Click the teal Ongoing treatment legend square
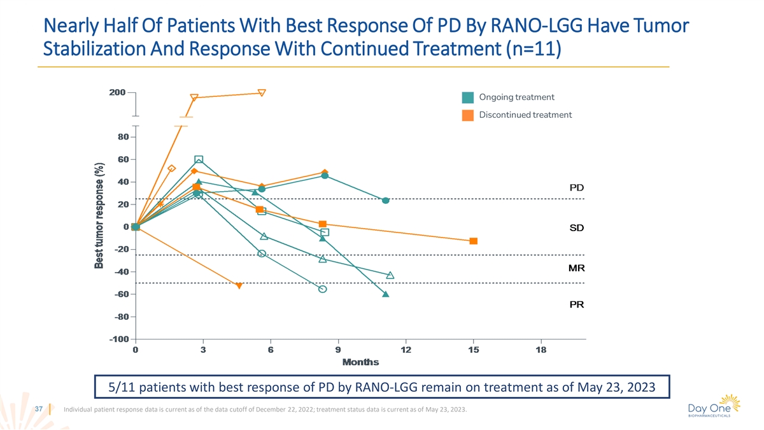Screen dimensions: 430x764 [x=468, y=97]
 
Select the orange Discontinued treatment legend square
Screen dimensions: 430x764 [x=468, y=115]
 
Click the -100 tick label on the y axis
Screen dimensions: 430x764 [x=119, y=340]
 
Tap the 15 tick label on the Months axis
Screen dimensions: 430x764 [x=473, y=350]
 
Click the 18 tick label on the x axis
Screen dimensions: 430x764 [x=541, y=350]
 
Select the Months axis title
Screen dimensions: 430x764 [x=360, y=362]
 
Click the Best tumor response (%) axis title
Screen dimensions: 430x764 [x=100, y=215]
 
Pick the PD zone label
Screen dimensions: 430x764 [x=576, y=188]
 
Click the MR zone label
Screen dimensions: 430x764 [x=576, y=268]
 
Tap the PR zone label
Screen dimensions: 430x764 [x=576, y=305]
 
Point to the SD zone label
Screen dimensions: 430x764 [x=576, y=227]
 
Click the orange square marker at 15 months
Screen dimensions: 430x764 [x=474, y=241]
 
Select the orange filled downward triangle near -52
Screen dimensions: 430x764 [x=239, y=286]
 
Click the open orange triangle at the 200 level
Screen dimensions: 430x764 [x=262, y=93]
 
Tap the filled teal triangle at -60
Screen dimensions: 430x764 [x=386, y=294]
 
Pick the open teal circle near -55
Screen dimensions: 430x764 [x=323, y=289]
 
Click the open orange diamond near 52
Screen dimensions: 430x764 [x=171, y=168]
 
